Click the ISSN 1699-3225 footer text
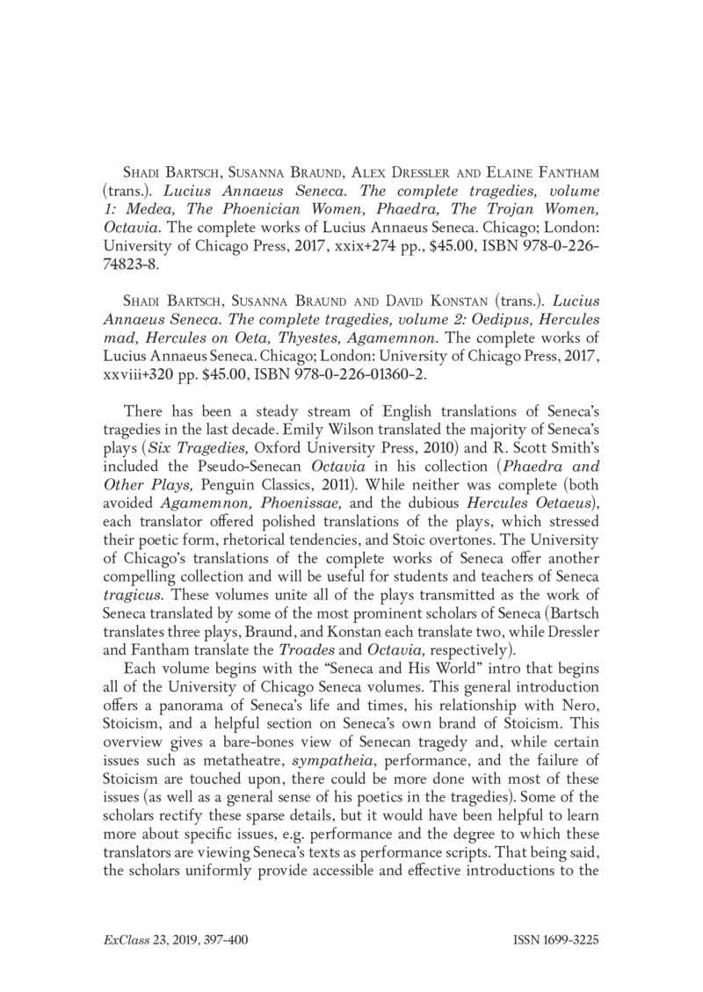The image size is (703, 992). (x=554, y=940)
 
